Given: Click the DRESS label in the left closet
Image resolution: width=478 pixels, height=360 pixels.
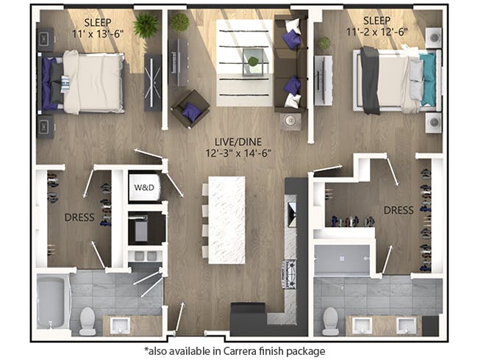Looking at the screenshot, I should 79,217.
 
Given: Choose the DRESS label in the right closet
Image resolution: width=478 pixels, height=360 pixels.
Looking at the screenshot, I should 398,210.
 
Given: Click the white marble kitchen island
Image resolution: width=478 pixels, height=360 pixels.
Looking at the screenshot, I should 226,219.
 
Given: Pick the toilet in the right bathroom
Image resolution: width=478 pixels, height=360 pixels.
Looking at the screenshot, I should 330,320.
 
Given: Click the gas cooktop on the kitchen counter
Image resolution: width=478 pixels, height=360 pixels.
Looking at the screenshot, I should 290,274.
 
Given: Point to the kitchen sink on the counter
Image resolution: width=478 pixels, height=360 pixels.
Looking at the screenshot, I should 291,214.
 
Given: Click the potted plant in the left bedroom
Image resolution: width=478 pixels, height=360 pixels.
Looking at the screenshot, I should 146,26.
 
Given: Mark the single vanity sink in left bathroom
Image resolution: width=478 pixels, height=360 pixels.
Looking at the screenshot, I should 118,324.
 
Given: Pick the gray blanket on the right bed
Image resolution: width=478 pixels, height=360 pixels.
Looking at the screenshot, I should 369,81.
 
